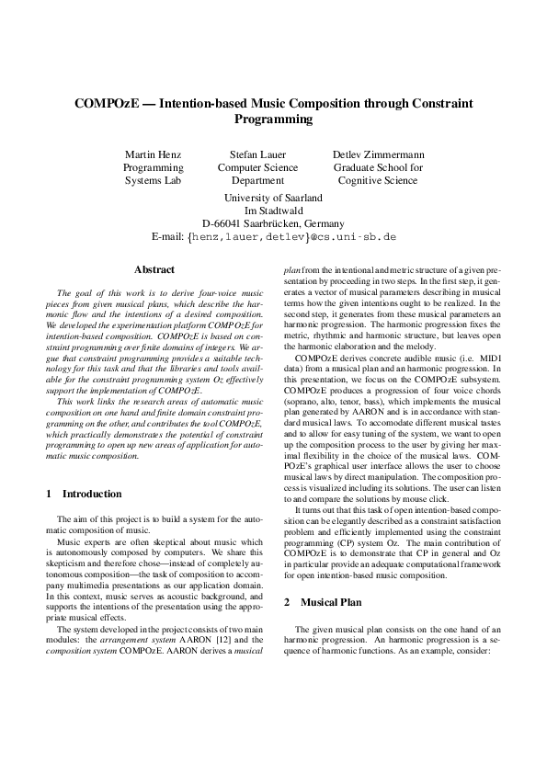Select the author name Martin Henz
pyautogui.click(x=153, y=154)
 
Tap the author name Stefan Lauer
pyautogui.click(x=257, y=154)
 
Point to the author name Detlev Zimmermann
pyautogui.click(x=378, y=154)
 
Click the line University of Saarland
pyautogui.click(x=273, y=197)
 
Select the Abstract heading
pyautogui.click(x=154, y=270)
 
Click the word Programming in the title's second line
pyautogui.click(x=273, y=120)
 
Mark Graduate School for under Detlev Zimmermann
pyautogui.click(x=378, y=168)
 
